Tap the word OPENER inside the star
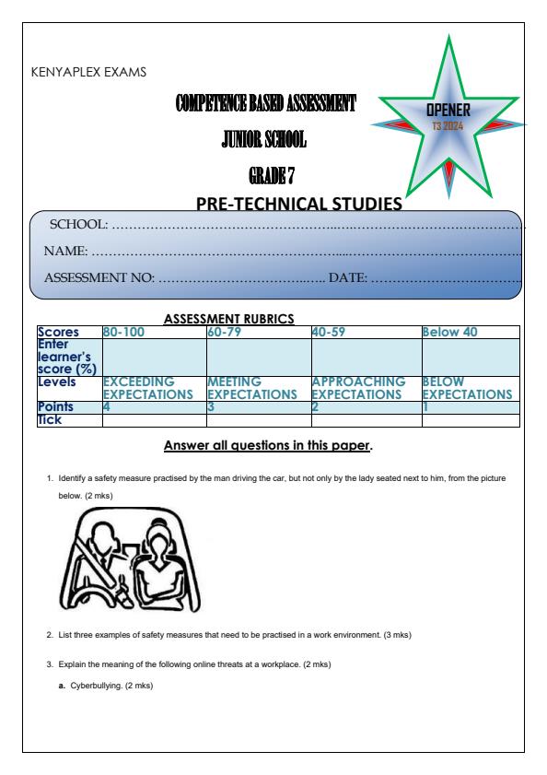[449, 111]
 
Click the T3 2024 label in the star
[449, 125]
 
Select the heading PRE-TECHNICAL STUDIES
[299, 204]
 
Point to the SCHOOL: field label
[78, 225]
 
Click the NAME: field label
[66, 251]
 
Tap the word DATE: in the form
[348, 276]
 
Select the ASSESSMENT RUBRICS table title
[228, 319]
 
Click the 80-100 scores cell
[122, 332]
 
